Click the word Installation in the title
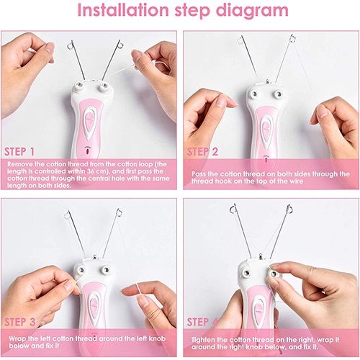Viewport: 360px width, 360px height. pyautogui.click(x=123, y=10)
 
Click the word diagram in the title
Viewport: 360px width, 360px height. pyautogui.click(x=252, y=12)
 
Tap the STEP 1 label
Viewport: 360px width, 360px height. pyautogui.click(x=19, y=152)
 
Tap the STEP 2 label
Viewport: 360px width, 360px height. pyautogui.click(x=202, y=152)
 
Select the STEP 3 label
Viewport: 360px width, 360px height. pyautogui.click(x=20, y=322)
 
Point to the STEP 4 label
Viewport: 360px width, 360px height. pyautogui.click(x=202, y=322)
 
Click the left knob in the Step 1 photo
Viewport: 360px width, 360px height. pyautogui.click(x=79, y=85)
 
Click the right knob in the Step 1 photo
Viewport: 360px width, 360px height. pyautogui.click(x=104, y=86)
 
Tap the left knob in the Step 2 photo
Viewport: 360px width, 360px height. pyautogui.click(x=253, y=94)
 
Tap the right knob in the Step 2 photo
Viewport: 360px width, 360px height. pyautogui.click(x=279, y=93)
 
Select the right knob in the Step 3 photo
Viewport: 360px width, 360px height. pyautogui.click(x=105, y=270)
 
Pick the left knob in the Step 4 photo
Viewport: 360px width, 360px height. pyautogui.click(x=246, y=272)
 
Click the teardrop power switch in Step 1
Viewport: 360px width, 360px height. pyautogui.click(x=91, y=123)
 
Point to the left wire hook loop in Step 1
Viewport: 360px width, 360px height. pyautogui.click(x=71, y=45)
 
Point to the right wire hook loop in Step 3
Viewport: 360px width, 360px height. pyautogui.click(x=119, y=212)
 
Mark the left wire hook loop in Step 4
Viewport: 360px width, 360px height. pyautogui.click(x=233, y=210)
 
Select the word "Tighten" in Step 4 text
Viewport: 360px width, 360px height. pyautogui.click(x=204, y=340)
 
